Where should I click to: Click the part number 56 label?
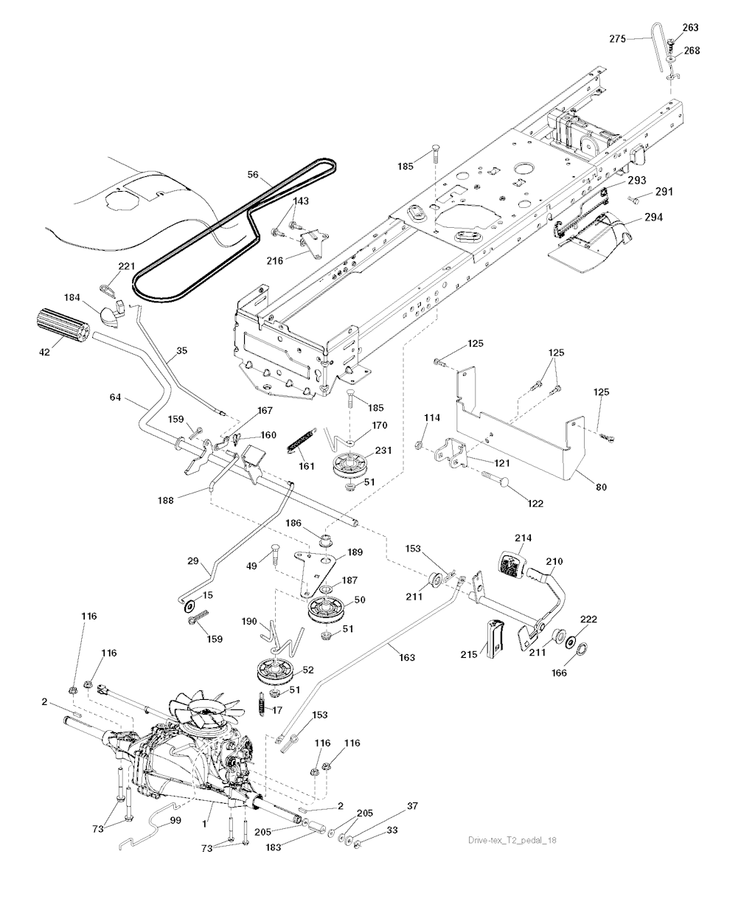[x=254, y=176]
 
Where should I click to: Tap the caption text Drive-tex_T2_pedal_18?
[x=517, y=841]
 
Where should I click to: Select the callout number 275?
[x=619, y=38]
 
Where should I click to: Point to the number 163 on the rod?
[x=406, y=657]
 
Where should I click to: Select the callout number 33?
[x=392, y=830]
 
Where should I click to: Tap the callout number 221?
[x=128, y=266]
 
